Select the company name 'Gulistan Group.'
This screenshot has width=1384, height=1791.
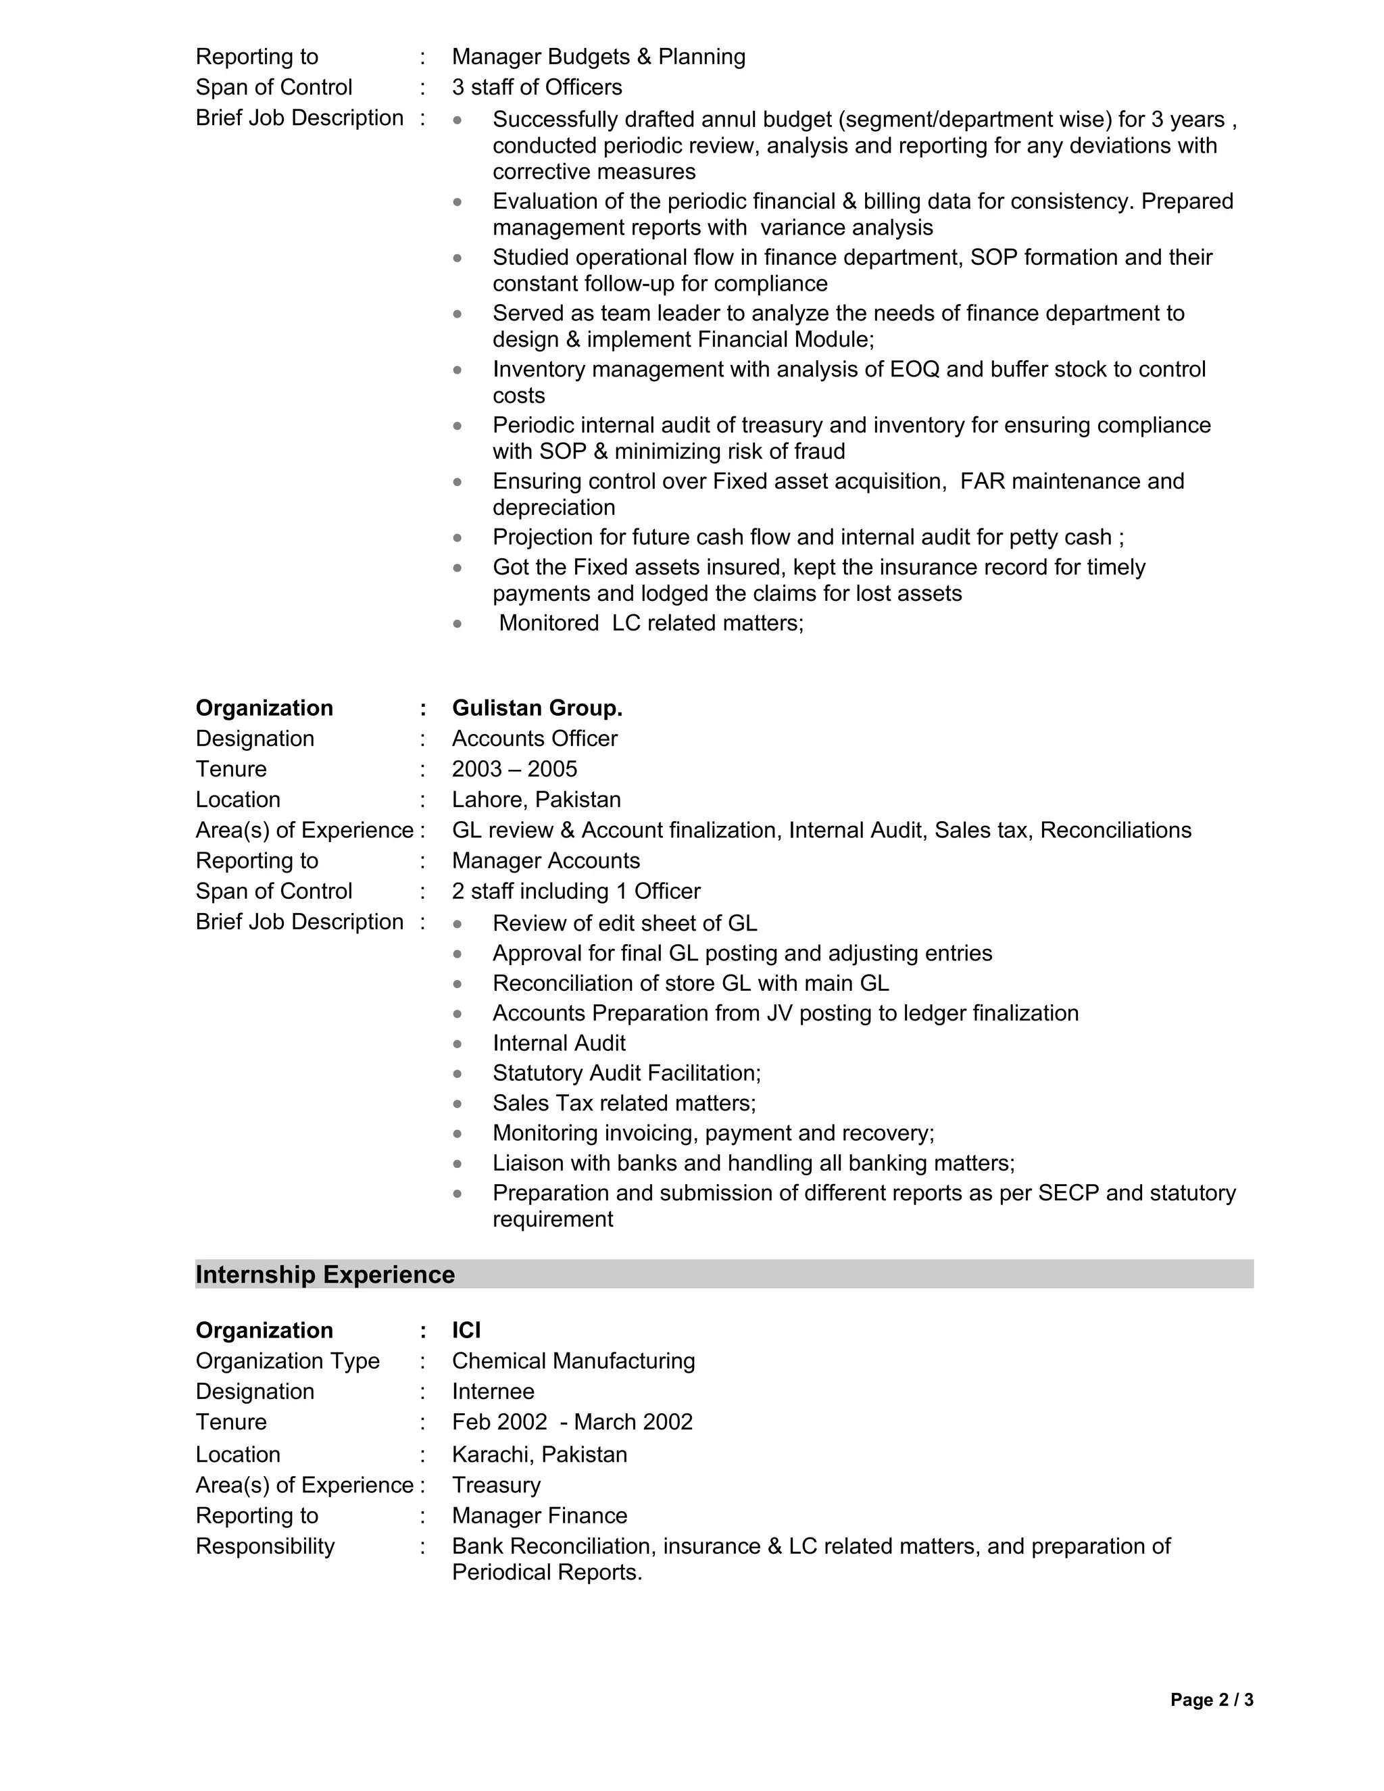pyautogui.click(x=537, y=708)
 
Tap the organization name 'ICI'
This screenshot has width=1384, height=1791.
pyautogui.click(x=466, y=1330)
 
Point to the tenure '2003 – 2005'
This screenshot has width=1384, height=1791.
pyautogui.click(x=514, y=769)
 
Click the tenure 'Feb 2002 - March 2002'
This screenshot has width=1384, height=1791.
pyautogui.click(x=572, y=1422)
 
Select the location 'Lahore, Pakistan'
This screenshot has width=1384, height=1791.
pyautogui.click(x=536, y=800)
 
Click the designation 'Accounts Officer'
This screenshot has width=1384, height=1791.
pyautogui.click(x=535, y=739)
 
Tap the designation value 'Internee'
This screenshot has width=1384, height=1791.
pyautogui.click(x=493, y=1392)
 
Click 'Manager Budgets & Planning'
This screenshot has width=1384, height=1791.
pyautogui.click(x=599, y=57)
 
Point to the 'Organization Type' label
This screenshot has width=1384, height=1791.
pyautogui.click(x=288, y=1361)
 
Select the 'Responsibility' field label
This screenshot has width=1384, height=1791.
pyautogui.click(x=265, y=1546)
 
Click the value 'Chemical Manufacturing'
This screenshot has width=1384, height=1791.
pyautogui.click(x=573, y=1361)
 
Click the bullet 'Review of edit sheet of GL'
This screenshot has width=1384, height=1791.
pyautogui.click(x=625, y=923)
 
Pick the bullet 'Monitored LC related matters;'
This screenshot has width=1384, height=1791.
pyautogui.click(x=651, y=623)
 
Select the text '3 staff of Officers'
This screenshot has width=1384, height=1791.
pyautogui.click(x=537, y=87)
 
